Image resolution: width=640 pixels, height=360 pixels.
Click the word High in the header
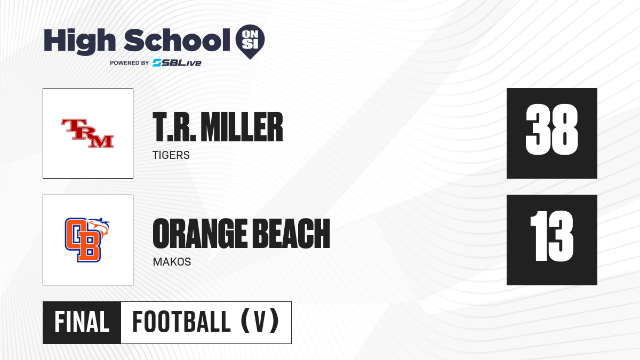click(x=79, y=41)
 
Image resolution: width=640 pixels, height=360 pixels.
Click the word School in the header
click(x=177, y=40)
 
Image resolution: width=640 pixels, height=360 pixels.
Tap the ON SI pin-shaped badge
click(x=250, y=42)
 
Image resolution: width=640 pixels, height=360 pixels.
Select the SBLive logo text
click(x=177, y=63)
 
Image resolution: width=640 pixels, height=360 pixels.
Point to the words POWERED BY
click(x=130, y=63)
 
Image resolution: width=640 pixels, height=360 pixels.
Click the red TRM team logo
click(x=87, y=133)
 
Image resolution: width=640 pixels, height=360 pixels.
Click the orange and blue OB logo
click(x=83, y=240)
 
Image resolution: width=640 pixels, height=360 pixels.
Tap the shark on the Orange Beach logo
click(x=100, y=227)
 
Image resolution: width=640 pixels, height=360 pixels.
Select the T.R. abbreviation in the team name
click(x=174, y=127)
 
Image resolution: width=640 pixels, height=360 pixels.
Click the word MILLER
click(x=242, y=127)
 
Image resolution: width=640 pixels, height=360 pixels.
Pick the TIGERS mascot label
click(x=171, y=155)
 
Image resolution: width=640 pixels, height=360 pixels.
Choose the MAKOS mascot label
click(x=172, y=262)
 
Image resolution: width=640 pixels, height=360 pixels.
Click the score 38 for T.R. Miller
click(x=551, y=130)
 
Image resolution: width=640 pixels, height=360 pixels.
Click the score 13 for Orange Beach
click(x=551, y=236)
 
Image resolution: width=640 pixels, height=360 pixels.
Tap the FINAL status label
click(x=82, y=322)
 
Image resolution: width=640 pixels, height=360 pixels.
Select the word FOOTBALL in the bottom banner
click(x=181, y=322)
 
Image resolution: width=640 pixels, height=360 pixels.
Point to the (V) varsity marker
click(x=260, y=321)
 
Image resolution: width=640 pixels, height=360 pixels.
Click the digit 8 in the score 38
click(x=565, y=130)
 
